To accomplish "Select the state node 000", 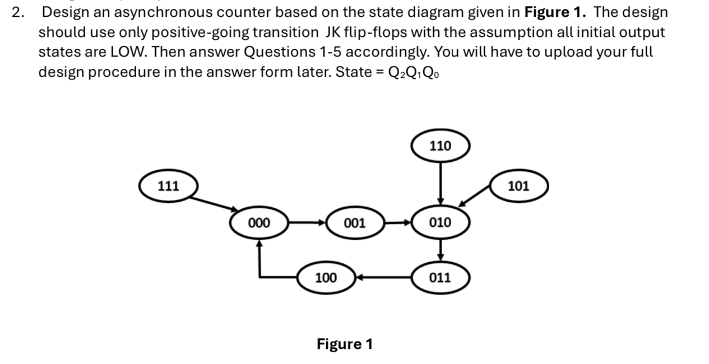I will click(x=259, y=223).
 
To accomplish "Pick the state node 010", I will click(x=440, y=223).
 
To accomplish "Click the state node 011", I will click(x=440, y=277).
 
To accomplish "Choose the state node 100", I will click(x=326, y=277).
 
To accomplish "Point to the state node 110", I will click(x=440, y=146).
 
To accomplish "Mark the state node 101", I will click(x=518, y=186).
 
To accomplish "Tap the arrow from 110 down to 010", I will click(x=441, y=182).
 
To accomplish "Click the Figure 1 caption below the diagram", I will click(x=344, y=343).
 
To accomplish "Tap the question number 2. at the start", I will click(x=18, y=12).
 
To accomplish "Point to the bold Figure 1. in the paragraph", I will click(x=555, y=12).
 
